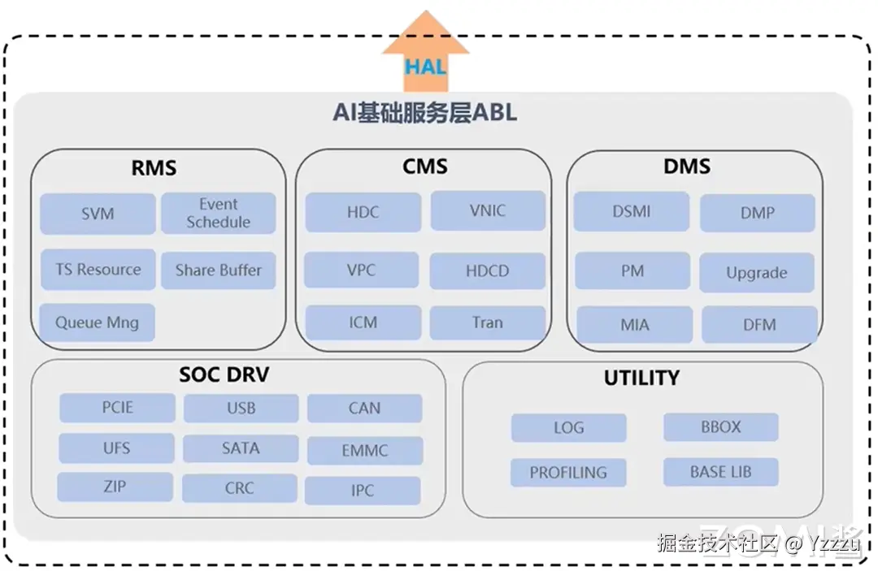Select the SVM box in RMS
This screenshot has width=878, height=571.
pyautogui.click(x=98, y=214)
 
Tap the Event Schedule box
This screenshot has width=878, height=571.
pyautogui.click(x=218, y=214)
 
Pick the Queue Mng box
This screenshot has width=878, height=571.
pyautogui.click(x=97, y=322)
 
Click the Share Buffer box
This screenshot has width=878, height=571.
pyautogui.click(x=218, y=270)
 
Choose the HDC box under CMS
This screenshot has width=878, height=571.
pyautogui.click(x=363, y=212)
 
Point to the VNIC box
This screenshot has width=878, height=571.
pyautogui.click(x=487, y=211)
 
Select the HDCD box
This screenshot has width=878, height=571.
pyautogui.click(x=487, y=271)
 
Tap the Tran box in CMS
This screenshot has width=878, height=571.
pyautogui.click(x=487, y=322)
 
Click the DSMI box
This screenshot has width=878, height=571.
pyautogui.click(x=631, y=212)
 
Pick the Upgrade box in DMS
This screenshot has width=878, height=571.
pyautogui.click(x=756, y=273)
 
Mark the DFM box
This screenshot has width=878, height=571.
pyautogui.click(x=758, y=325)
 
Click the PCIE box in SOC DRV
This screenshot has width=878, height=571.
pyautogui.click(x=117, y=408)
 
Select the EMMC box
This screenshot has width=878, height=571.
pyautogui.click(x=364, y=450)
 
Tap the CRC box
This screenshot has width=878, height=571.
pyautogui.click(x=239, y=489)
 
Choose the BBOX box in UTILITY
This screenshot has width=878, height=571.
pyautogui.click(x=720, y=427)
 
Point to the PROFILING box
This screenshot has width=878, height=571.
pyautogui.click(x=568, y=473)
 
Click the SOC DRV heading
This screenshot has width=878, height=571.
pyautogui.click(x=224, y=375)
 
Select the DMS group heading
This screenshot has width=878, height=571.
pyautogui.click(x=687, y=167)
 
